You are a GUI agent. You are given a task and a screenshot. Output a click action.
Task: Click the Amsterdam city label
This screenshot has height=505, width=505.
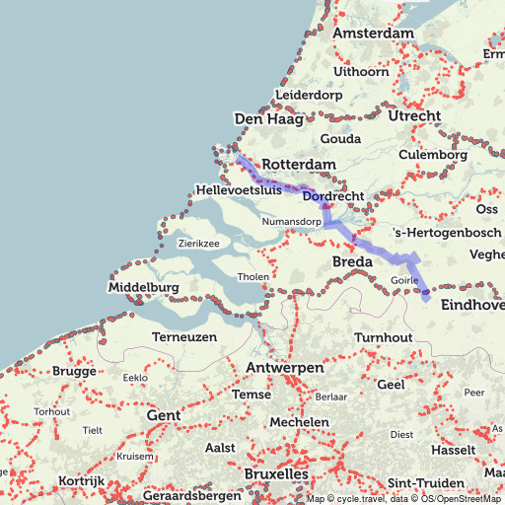pyautogui.click(x=373, y=34)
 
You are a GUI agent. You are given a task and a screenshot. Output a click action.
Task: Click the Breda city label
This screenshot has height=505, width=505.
pyautogui.click(x=351, y=262)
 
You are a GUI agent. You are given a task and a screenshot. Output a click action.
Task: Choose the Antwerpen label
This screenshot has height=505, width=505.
pyautogui.click(x=285, y=368)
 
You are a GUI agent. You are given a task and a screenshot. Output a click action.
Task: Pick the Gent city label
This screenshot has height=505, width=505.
pyautogui.click(x=163, y=415)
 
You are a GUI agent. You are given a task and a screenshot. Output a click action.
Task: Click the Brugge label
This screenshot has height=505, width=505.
pyautogui.click(x=75, y=372)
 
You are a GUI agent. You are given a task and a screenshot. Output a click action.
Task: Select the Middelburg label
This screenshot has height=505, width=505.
pyautogui.click(x=144, y=287)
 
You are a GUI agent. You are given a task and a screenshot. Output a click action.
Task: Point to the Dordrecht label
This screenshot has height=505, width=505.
pyautogui.click(x=333, y=197)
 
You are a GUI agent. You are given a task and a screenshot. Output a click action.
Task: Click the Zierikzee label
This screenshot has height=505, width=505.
pyautogui.click(x=198, y=243)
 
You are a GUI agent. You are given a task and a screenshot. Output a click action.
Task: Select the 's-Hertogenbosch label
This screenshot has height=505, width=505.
pyautogui.click(x=447, y=233)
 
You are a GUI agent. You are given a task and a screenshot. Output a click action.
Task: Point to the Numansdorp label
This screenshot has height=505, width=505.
pyautogui.click(x=292, y=222)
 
